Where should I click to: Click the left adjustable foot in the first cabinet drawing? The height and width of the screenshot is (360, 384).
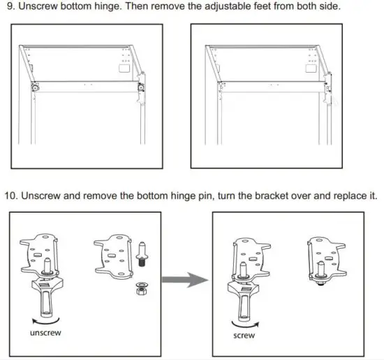pos(32,88)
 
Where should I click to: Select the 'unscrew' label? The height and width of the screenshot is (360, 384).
pos(45,333)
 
